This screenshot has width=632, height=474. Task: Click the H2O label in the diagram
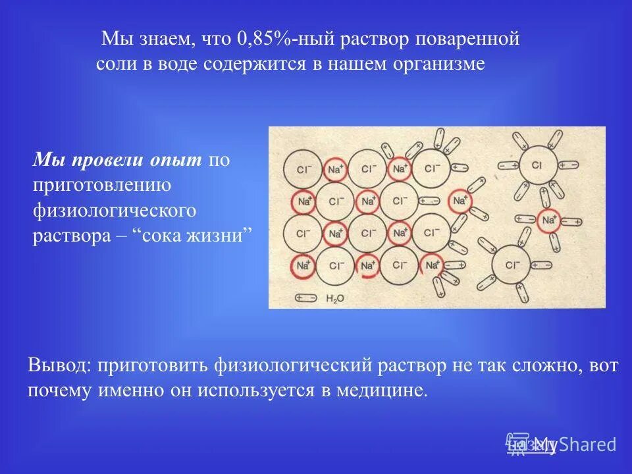coord(335,298)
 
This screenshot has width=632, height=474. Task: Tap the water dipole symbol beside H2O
coord(306,298)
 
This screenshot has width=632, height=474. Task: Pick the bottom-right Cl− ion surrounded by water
coord(513,265)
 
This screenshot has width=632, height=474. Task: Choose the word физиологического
coord(115,211)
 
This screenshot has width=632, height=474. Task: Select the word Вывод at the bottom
coord(57,365)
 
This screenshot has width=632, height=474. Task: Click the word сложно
coord(532,365)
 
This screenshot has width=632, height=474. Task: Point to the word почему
coord(59,390)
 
